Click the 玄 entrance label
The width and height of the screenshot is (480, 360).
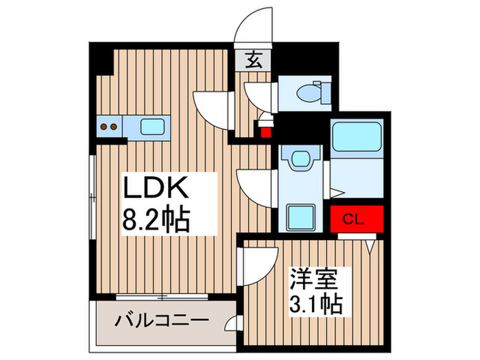pos(253,60)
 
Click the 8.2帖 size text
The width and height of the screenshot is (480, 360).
pos(156,221)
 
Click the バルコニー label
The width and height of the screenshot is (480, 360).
pos(162,320)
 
